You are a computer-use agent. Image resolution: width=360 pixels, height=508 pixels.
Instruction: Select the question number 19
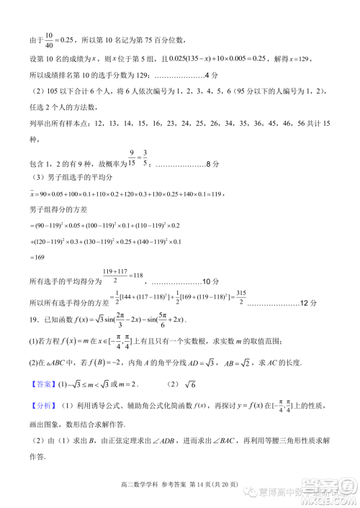point(34,320)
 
